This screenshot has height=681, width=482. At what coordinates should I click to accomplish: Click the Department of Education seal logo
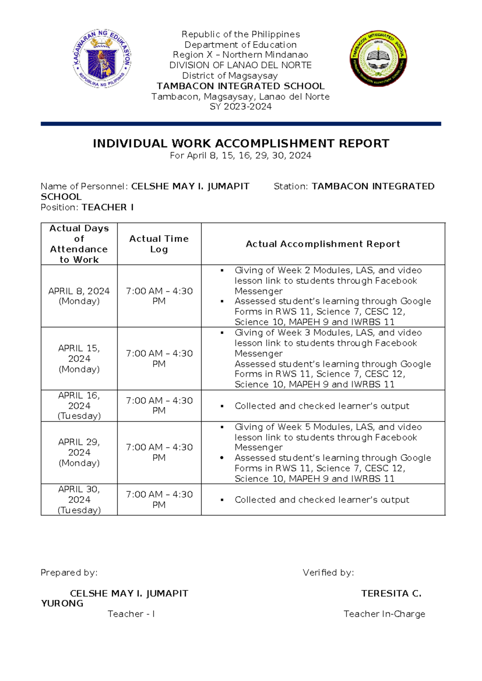tap(102, 59)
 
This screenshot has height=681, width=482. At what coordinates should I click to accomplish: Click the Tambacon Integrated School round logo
tap(378, 59)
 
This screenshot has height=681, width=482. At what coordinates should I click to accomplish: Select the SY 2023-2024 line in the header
tap(241, 107)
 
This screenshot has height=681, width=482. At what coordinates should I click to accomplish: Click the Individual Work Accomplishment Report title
tap(241, 144)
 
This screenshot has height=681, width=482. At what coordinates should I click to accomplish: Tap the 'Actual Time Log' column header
tap(159, 244)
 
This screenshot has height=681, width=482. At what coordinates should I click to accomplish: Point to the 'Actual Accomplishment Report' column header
tap(323, 244)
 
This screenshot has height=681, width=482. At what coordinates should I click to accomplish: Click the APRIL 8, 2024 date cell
tap(79, 296)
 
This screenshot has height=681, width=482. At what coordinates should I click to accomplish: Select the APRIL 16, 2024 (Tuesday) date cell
tap(79, 406)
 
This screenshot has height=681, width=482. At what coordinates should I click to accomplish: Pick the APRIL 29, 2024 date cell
tap(79, 453)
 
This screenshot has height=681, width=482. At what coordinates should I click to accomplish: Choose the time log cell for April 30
tap(159, 500)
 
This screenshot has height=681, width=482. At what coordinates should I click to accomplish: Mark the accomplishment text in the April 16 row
tap(322, 406)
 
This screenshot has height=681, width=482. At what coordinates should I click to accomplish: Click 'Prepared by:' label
tap(69, 573)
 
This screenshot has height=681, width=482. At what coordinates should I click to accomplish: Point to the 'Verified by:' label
tap(328, 573)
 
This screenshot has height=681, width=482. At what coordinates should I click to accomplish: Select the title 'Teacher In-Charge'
tap(384, 614)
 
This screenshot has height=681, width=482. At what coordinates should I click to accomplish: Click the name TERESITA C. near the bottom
tap(391, 593)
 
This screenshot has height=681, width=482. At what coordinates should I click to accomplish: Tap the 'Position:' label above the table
tap(60, 207)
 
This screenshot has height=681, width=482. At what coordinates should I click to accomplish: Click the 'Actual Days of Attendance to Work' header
tap(79, 244)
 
